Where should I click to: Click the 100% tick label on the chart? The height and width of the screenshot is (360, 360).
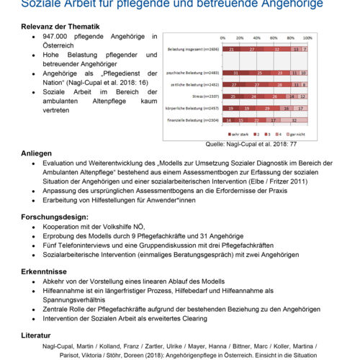click(x=307, y=37)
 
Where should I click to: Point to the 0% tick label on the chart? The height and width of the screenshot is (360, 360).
click(x=222, y=37)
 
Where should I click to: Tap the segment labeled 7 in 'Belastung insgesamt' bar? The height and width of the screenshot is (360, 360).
click(x=305, y=50)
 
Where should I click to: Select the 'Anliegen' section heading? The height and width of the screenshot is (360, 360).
click(x=36, y=153)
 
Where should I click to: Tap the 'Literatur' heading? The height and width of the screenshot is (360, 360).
click(x=36, y=335)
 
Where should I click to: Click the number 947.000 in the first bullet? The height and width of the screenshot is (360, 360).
click(x=58, y=36)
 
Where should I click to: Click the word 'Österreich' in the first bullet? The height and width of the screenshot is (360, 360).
click(x=63, y=45)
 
